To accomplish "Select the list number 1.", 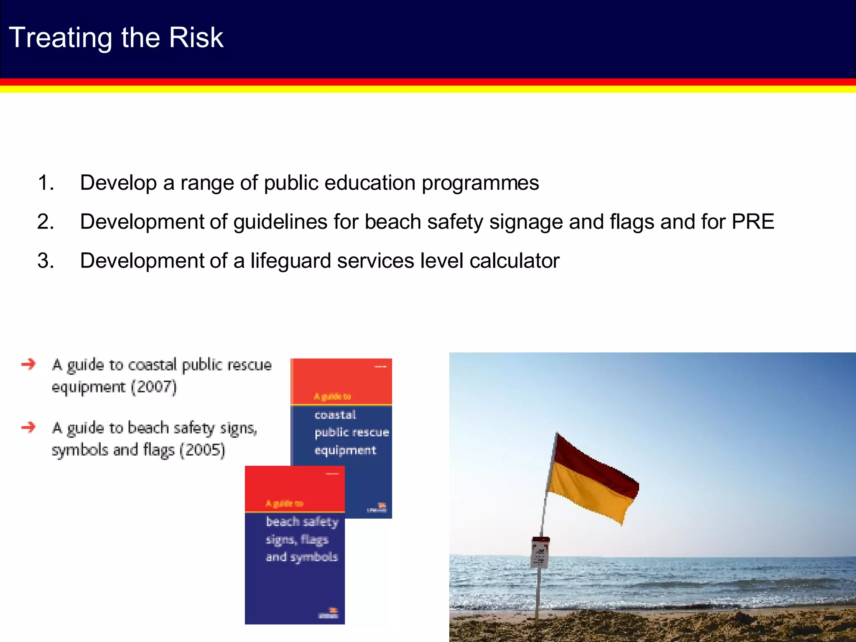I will tap(46, 183).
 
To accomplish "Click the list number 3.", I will tap(46, 261).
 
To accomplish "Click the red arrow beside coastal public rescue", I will tap(28, 364).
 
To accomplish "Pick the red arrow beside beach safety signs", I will tap(28, 427).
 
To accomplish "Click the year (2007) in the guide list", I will tap(154, 387).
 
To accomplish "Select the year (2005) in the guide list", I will tap(203, 450).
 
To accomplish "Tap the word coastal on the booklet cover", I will tap(335, 415).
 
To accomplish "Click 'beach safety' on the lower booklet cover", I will tap(302, 522).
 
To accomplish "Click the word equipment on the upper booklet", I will tap(345, 451).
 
